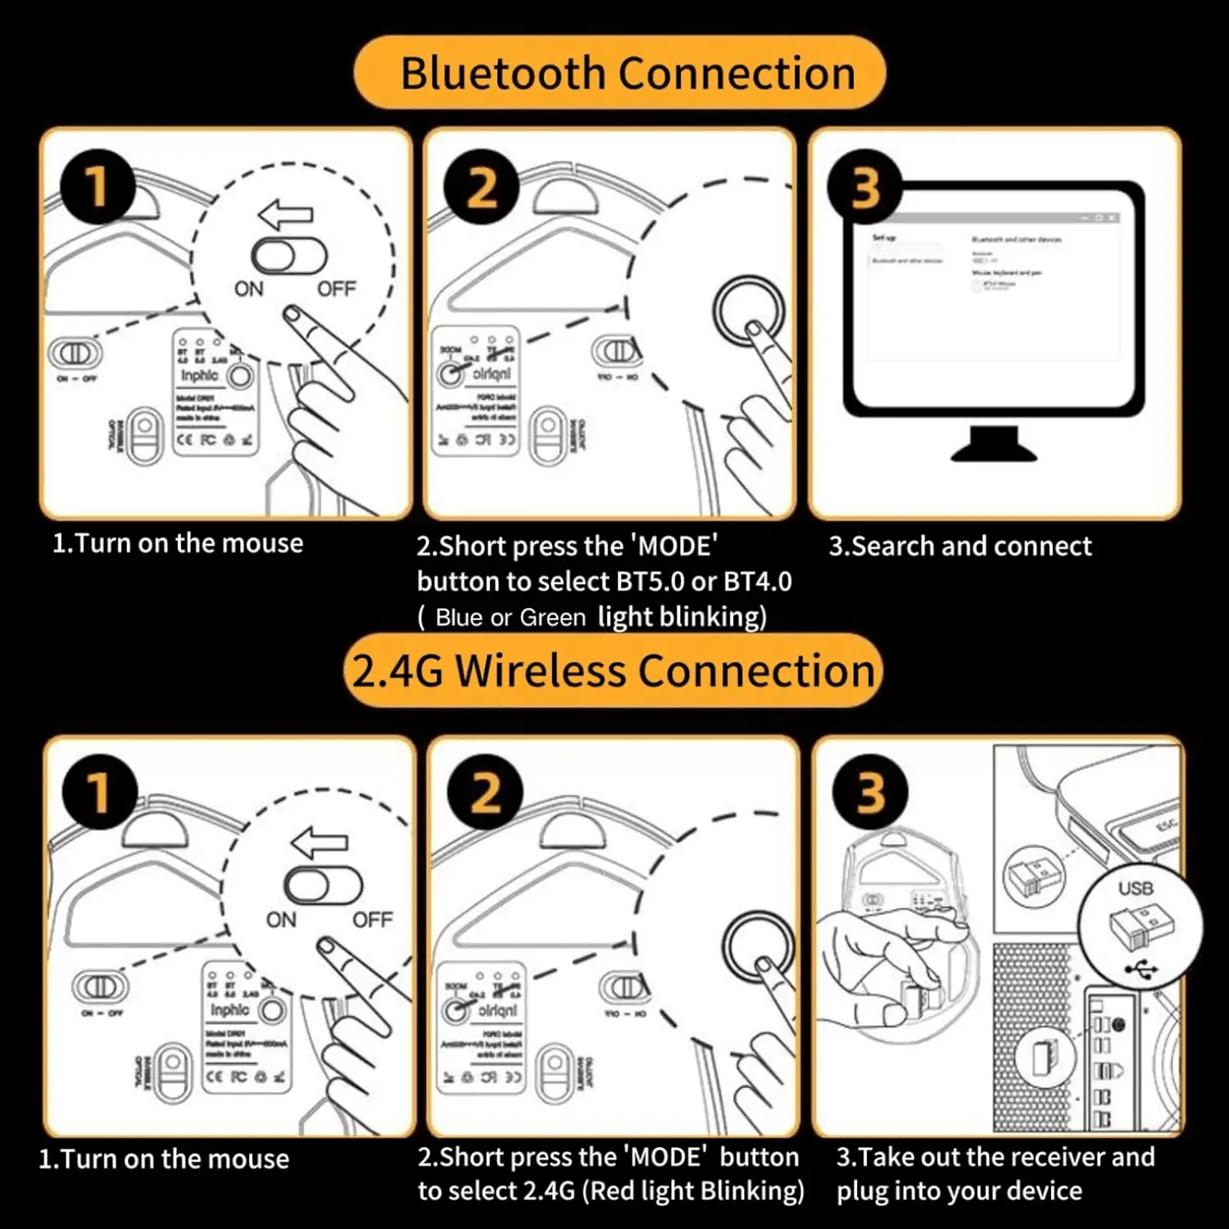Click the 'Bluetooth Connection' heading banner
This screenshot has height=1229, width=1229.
619,73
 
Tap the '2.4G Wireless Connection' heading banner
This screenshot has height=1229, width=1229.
613,670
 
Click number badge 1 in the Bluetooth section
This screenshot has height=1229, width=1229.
98,186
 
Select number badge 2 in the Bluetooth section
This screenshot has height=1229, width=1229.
482,188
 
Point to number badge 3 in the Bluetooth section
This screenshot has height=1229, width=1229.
865,188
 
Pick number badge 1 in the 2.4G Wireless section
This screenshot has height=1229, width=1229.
100,791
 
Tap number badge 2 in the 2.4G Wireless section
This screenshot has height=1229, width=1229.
485,792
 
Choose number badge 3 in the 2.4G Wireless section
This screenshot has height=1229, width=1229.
870,792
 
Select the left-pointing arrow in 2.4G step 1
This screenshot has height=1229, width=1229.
320,843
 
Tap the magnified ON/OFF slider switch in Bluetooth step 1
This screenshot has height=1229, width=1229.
288,256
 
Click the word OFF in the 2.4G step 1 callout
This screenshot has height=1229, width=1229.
373,920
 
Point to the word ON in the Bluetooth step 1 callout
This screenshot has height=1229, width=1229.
249,289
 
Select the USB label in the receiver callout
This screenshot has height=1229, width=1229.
1136,888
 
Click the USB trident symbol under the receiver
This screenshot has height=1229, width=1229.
1141,971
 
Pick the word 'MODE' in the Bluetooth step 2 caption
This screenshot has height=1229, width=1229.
674,546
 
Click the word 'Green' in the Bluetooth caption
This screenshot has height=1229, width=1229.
552,617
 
